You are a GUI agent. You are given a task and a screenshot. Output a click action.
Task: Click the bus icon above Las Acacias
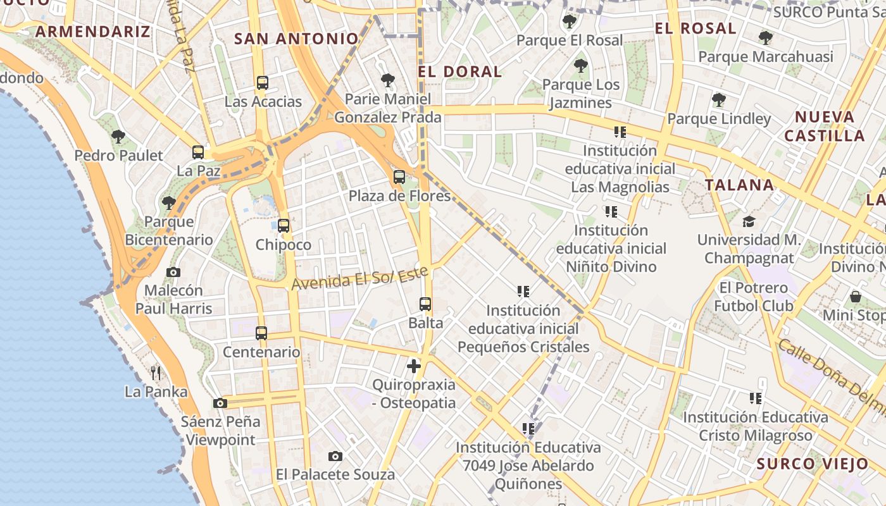coord(262,83)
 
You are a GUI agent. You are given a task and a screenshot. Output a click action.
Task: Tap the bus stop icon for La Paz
coord(198,152)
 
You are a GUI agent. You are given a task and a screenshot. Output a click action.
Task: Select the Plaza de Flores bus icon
coord(399,177)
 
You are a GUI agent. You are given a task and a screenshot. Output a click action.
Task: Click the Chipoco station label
coord(284,245)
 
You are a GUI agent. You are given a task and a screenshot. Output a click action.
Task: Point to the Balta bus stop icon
coord(425,304)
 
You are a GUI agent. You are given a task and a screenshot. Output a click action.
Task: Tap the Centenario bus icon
coord(261,333)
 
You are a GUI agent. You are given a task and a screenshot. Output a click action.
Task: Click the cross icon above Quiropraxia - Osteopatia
coord(414,366)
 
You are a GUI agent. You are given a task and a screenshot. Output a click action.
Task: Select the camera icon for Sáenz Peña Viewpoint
coord(220,403)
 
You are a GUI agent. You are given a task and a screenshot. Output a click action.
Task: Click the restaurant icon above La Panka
coord(156,373)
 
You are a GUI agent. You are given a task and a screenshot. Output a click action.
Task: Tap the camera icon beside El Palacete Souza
coord(335,456)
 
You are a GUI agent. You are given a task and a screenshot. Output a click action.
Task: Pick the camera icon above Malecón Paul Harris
coord(173,272)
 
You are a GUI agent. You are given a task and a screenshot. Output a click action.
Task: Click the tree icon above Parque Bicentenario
coord(168,203)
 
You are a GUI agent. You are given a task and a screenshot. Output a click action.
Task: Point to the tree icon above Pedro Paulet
coord(118,137)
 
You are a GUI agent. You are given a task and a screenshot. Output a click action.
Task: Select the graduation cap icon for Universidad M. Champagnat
coord(749,221)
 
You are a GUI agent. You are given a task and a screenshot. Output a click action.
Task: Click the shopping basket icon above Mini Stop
coord(855,296)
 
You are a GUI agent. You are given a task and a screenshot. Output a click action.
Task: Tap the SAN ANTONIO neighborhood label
coord(296,39)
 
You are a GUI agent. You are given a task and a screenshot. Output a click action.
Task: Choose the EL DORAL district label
coord(460,71)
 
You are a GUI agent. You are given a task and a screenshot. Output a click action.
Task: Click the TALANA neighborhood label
coord(739,185)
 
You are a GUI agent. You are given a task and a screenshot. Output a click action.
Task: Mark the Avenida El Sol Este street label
coord(359,278)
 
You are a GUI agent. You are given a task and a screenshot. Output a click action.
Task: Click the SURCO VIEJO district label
coord(813,464)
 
